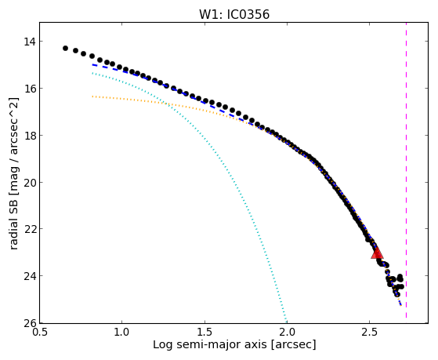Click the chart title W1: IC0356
coord(234,14)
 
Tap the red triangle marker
coord(377,253)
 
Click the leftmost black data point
coord(65,48)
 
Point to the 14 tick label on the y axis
coord(30,42)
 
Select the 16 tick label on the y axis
coord(30,89)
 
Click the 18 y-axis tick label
coord(30,136)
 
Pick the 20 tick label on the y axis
coord(30,183)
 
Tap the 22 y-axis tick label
coord(30,229)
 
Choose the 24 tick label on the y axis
coord(30,276)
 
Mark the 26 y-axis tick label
coord(30,323)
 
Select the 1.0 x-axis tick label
coord(122,332)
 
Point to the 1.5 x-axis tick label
coord(205,332)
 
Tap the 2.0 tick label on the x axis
coord(288,332)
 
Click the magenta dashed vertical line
coord(406,170)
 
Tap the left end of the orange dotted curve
coord(92,96)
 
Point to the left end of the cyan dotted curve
coord(92,73)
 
